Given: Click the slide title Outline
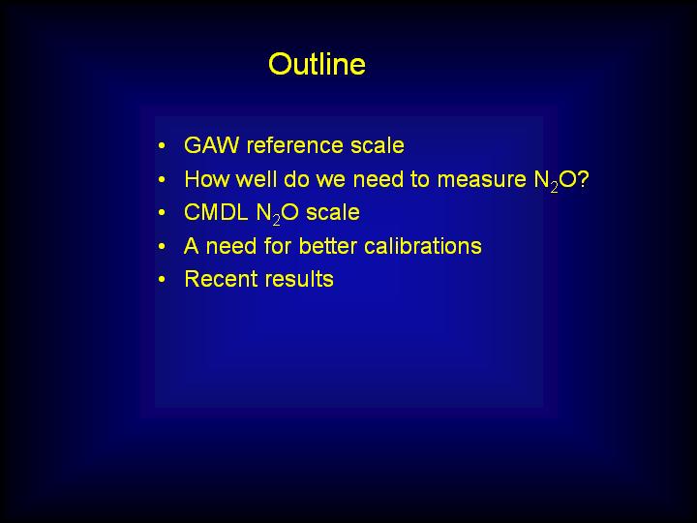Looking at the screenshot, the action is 317,64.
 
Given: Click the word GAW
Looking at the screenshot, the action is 211,145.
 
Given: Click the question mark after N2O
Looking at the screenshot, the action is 583,179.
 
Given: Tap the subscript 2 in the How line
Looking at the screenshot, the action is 554,187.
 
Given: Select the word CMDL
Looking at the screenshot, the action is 216,212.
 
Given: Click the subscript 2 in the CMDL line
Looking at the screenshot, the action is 277,220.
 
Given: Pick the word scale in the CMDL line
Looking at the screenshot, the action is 333,212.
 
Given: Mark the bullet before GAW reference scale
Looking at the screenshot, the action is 162,145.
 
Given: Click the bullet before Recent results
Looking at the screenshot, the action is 162,279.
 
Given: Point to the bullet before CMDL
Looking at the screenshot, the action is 162,212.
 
